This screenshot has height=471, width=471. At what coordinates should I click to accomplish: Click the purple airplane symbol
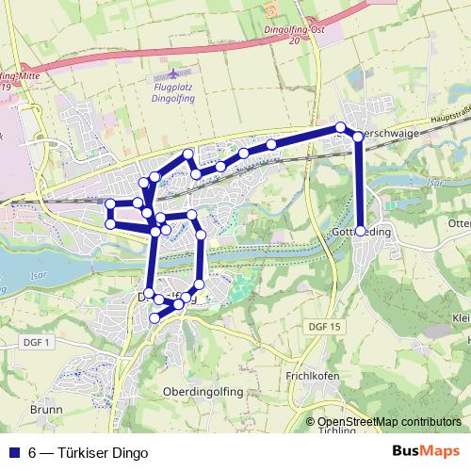pos(171,73)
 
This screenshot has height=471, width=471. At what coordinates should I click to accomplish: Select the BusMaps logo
pos(427,451)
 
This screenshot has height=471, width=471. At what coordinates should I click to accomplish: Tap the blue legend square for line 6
pos(12,452)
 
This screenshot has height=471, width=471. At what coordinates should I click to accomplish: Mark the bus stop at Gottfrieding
pos(360,231)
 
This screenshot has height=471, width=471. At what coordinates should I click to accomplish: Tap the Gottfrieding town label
pos(386,232)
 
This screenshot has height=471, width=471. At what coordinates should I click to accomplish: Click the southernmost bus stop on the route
pos(154,319)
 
